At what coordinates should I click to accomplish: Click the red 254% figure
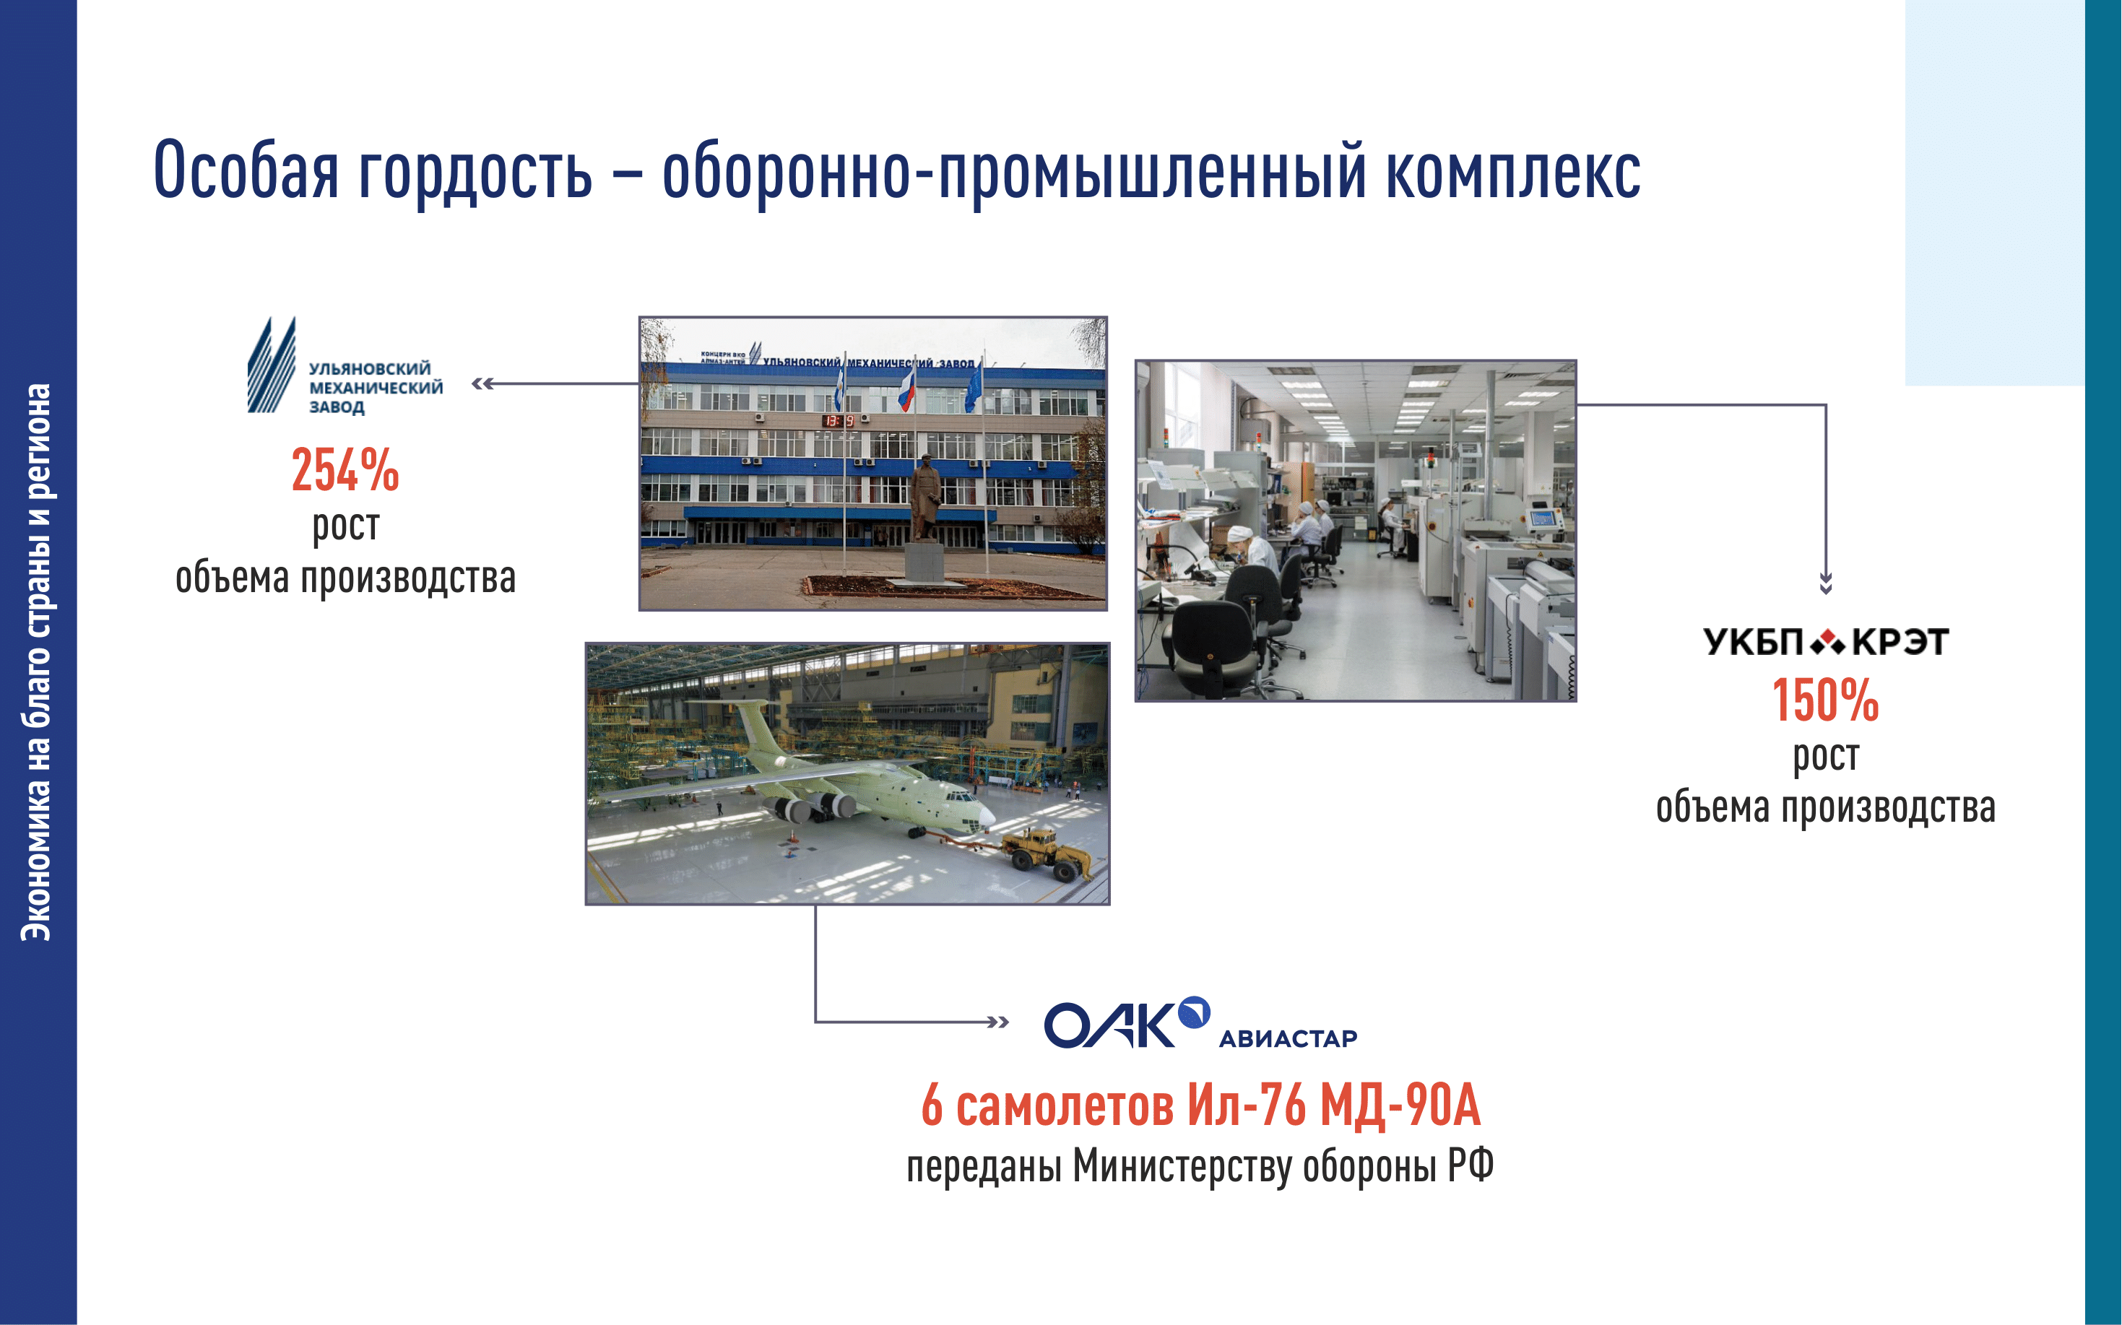tap(345, 470)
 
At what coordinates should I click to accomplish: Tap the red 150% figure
tap(1826, 700)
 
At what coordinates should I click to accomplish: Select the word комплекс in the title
tap(1514, 172)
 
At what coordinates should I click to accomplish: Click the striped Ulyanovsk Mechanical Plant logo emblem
tap(272, 365)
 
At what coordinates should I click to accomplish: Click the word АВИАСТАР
tap(1288, 1038)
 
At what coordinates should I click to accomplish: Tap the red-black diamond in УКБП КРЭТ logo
tap(1827, 643)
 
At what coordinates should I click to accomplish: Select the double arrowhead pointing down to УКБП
tap(1826, 583)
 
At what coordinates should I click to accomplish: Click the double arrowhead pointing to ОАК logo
tap(997, 1022)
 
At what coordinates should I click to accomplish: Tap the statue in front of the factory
tap(924, 497)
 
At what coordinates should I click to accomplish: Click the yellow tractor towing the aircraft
tap(1047, 852)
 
